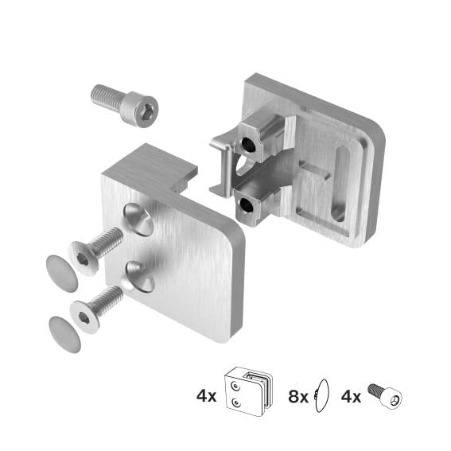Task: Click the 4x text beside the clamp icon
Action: click(205, 395)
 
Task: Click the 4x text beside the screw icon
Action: click(353, 395)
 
